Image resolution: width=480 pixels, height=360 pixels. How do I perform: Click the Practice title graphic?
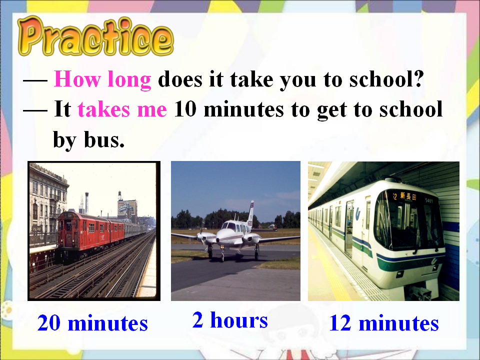[x=95, y=36]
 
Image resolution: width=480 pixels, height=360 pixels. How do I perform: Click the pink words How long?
[x=102, y=79]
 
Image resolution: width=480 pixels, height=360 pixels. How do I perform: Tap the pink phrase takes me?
[x=122, y=109]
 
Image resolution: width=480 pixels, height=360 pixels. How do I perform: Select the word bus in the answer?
[x=104, y=139]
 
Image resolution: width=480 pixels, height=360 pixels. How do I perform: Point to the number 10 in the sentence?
[x=185, y=108]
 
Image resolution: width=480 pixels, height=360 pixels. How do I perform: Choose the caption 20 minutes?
[x=92, y=323]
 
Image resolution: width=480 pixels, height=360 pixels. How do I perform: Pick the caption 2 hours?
[x=230, y=320]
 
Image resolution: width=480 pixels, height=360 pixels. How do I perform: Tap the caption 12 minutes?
[x=384, y=323]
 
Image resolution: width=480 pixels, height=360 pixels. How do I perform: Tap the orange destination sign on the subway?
[x=404, y=196]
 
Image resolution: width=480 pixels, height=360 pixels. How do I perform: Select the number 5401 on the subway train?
[x=429, y=200]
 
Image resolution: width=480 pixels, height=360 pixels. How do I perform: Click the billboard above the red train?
[x=127, y=208]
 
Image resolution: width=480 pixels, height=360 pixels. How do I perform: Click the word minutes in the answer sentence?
[x=243, y=109]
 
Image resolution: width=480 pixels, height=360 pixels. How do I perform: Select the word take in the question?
[x=251, y=79]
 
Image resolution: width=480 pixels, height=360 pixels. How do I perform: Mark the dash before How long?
[x=35, y=80]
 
